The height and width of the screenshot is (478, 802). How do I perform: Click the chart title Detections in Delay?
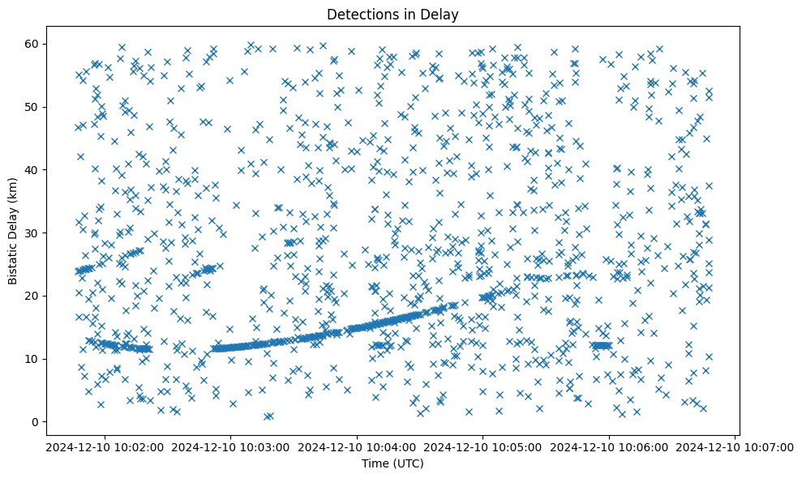392,14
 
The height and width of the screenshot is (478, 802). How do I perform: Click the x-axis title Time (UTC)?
392,463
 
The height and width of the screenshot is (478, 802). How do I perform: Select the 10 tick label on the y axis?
34,359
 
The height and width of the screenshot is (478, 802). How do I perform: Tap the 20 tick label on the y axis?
34,296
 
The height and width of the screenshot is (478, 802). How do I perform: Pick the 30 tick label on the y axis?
34,233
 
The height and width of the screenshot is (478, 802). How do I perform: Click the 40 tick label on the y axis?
34,169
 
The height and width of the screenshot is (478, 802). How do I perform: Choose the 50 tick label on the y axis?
34,107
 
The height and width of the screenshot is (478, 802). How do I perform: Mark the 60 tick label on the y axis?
34,44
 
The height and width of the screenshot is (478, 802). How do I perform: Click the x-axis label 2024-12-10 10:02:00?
105,446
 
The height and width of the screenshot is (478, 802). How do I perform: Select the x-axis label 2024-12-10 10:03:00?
231,446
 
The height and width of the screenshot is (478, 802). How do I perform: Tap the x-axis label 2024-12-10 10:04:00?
358,446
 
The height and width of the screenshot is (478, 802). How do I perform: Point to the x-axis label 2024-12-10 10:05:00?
483,446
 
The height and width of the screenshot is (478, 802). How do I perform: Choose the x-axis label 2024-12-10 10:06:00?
610,446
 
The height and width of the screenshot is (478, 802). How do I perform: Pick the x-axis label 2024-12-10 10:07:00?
736,446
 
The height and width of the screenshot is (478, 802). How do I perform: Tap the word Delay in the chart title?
442,14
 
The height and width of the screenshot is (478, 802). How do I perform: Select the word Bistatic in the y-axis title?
14,260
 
